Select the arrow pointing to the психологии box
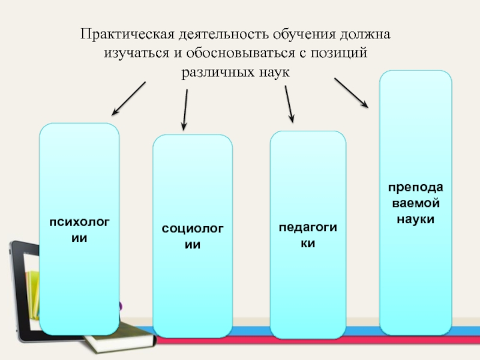tap(128, 98)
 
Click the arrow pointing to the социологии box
tap(185, 110)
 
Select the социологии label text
tap(192, 236)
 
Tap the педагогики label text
tap(308, 236)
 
